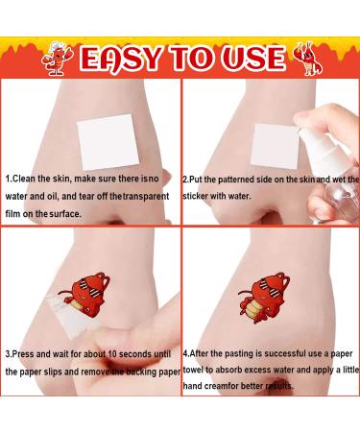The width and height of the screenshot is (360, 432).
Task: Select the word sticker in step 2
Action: pos(197,197)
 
